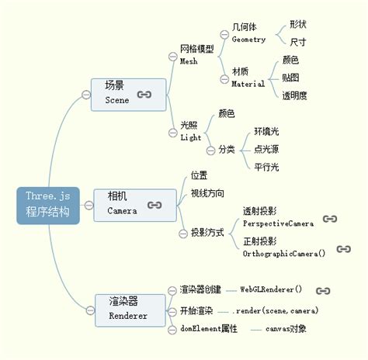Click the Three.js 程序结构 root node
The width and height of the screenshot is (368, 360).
tap(47, 205)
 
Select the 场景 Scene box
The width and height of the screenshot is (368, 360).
tap(128, 93)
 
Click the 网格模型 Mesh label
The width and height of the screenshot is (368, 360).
tap(196, 54)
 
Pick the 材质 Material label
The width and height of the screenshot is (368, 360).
tap(248, 78)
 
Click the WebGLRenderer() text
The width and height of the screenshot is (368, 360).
tap(271, 289)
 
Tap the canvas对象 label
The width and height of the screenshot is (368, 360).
tap(286, 329)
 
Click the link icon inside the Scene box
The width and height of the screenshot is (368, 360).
tap(144, 94)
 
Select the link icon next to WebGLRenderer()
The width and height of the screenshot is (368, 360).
tap(323, 290)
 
